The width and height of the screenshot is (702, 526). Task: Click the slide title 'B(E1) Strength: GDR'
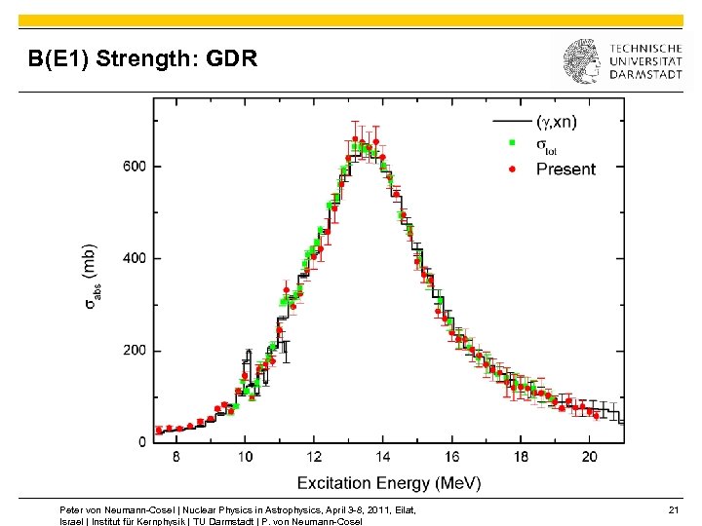(x=143, y=60)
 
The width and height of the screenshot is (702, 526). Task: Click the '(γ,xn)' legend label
(x=558, y=122)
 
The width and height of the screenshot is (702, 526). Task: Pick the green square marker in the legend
(x=514, y=144)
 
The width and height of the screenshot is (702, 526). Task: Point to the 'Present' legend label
(x=565, y=169)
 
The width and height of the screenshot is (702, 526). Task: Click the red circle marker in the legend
(x=514, y=169)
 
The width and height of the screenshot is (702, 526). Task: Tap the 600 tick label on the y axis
(x=135, y=166)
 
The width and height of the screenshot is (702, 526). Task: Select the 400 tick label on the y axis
(x=135, y=258)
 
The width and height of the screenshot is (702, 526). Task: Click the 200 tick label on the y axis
(x=135, y=351)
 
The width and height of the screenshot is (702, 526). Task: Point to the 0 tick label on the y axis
(x=143, y=442)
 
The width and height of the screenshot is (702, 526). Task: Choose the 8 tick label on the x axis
(x=175, y=457)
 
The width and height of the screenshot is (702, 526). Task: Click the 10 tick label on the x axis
(x=244, y=457)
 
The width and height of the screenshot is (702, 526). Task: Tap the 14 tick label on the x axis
(x=383, y=457)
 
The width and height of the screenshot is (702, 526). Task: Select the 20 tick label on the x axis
(x=590, y=457)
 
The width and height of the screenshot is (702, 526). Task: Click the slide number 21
(x=673, y=509)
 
